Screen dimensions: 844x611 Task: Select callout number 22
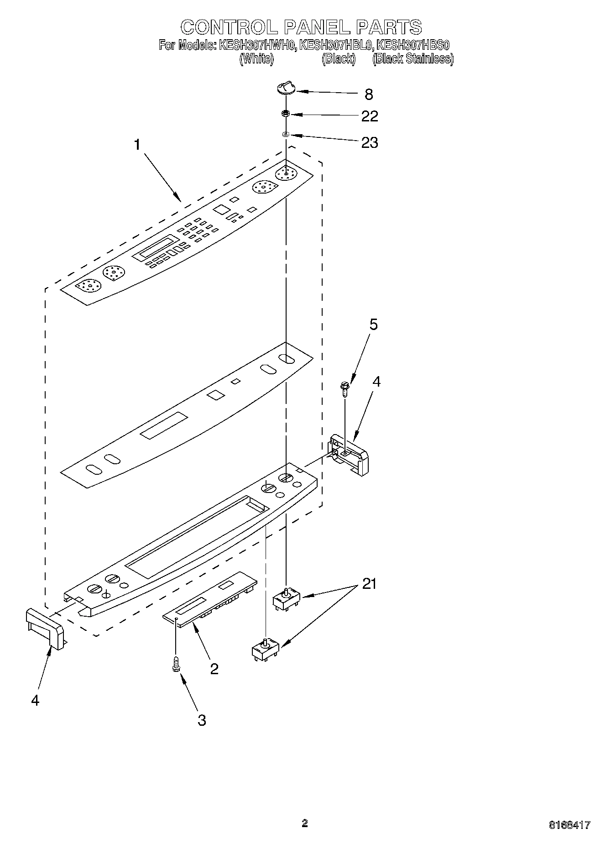point(369,116)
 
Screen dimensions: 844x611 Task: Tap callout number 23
point(369,143)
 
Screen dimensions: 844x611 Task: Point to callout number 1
point(137,145)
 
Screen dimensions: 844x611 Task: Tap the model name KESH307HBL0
point(336,45)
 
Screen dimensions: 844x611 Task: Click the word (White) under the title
point(256,59)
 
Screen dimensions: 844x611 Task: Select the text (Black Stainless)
point(413,59)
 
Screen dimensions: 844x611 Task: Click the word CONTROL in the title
point(229,27)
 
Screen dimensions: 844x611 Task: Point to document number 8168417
point(569,825)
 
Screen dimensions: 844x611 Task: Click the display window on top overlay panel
point(156,248)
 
